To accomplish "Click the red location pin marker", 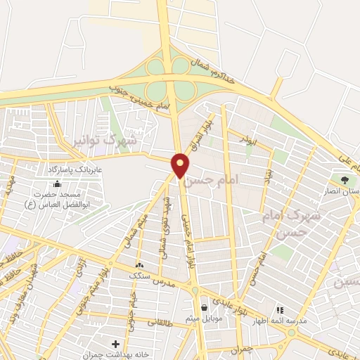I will coord(181,165).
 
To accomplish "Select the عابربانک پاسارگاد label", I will coord(75,169).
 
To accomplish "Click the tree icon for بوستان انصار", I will coord(345,181).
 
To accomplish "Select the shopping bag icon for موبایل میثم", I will coord(204,307).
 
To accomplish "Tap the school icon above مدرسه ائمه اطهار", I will coord(279,309).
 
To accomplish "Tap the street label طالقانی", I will coord(162,321).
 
